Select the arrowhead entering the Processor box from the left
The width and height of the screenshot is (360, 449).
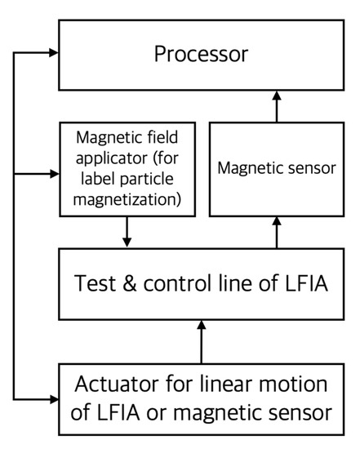pos(53,53)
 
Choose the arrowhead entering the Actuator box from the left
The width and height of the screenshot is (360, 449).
pos(53,398)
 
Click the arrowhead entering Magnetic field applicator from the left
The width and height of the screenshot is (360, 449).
pos(53,173)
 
